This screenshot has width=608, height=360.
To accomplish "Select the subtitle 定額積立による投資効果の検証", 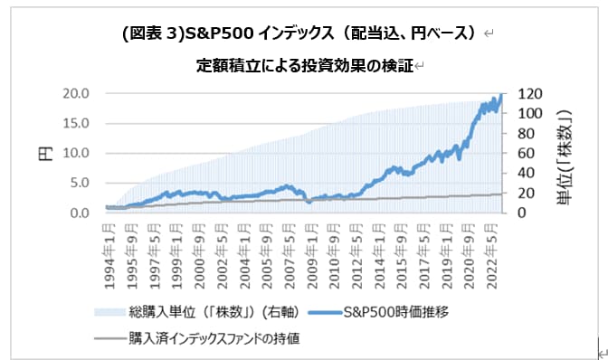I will pos(304,66).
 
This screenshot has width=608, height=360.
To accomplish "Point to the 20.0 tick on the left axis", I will pos(75,93).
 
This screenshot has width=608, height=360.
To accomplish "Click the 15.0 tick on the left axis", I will pos(75,123).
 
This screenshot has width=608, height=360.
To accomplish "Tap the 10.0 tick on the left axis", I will pos(75,153).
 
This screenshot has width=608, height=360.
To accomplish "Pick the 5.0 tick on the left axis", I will pos(79,183).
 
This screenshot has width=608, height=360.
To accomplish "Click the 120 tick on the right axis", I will pos(527,93).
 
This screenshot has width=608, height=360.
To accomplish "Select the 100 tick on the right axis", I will pos(527,113).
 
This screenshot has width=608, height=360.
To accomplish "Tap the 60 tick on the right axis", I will pos(525,153).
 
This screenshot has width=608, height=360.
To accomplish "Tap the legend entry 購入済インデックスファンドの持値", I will pos(214,339).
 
